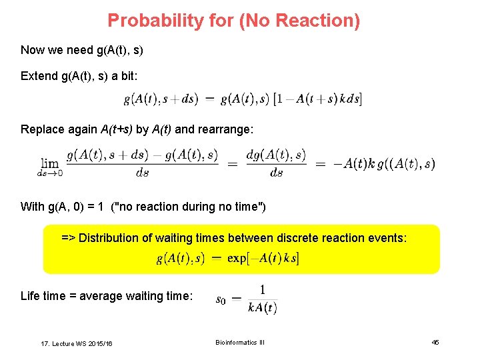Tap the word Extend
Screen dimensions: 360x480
pos(39,76)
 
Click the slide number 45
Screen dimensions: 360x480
pos(435,343)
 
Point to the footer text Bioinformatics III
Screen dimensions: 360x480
pos(240,343)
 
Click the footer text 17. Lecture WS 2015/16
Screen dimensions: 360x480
pos(77,343)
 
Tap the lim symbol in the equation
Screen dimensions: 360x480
pos(50,163)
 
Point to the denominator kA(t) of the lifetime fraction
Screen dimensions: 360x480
pos(262,307)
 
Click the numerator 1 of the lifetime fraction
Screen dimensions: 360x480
pos(263,290)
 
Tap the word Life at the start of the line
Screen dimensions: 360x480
pos(30,296)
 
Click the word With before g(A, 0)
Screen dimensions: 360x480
pos(33,207)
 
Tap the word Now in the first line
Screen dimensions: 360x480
pos(33,50)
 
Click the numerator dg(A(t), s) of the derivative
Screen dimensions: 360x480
pos(276,155)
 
